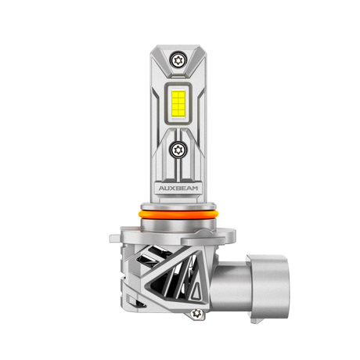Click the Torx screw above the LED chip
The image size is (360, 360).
tap(178, 60)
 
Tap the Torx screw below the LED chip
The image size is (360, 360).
tap(178, 150)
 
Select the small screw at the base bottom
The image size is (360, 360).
tap(196, 313)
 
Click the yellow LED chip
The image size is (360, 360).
tap(178, 103)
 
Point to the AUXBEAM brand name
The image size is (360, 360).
tap(178, 188)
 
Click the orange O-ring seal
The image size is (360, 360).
tap(178, 215)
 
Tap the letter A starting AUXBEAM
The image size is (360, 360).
tap(162, 188)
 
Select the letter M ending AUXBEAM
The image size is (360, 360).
tap(194, 188)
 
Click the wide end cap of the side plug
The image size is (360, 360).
tap(268, 288)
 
